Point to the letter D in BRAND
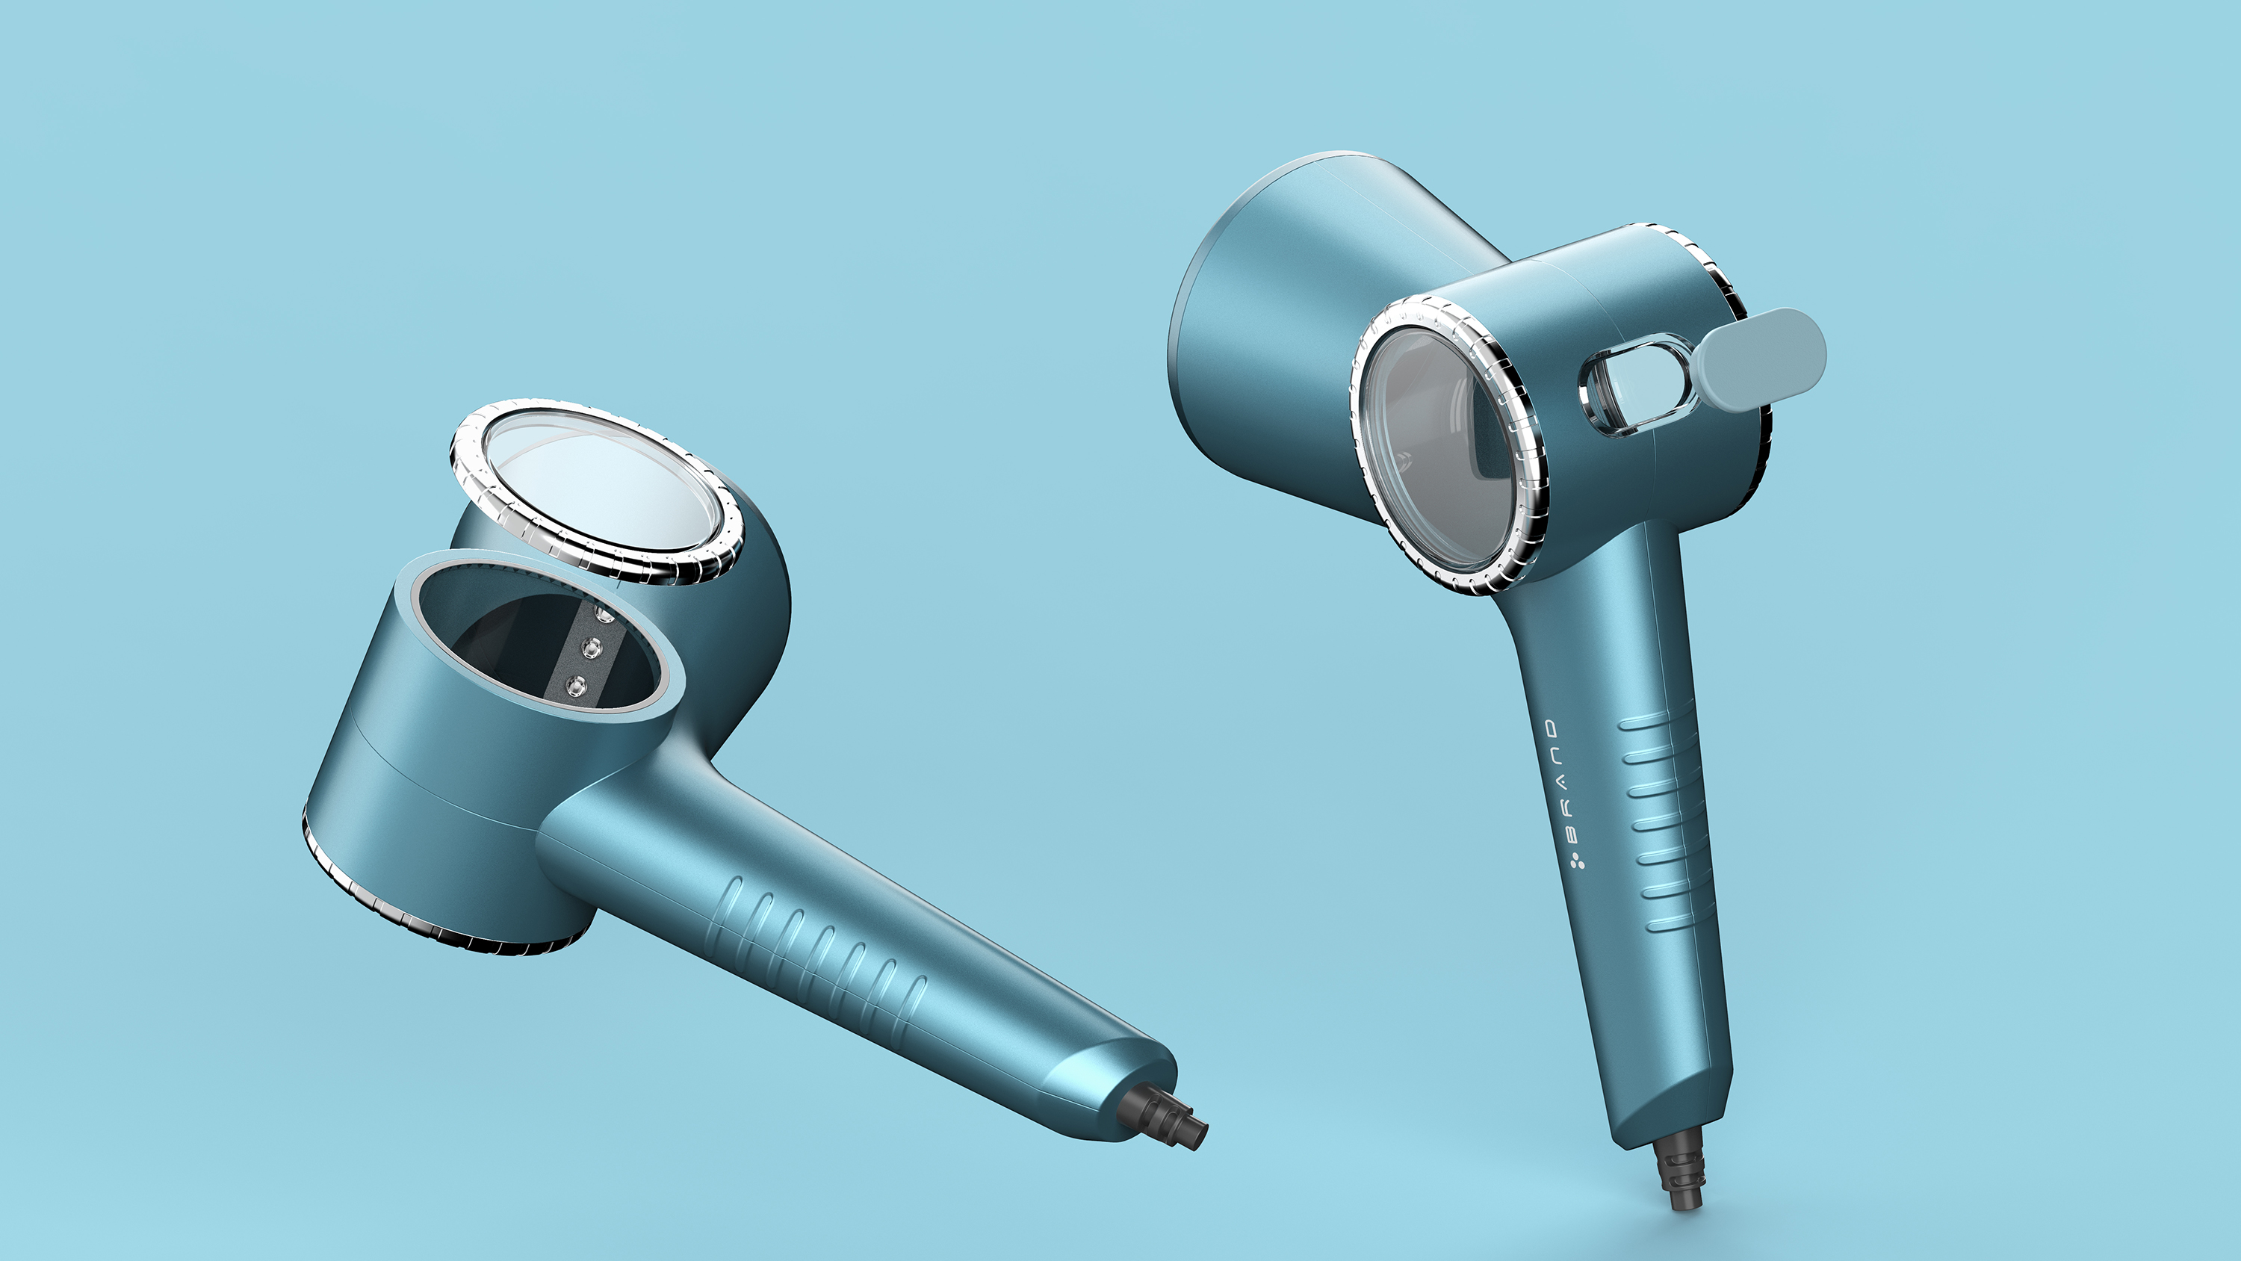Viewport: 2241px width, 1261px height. [x=1552, y=728]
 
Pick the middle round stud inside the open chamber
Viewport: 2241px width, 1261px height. [x=592, y=648]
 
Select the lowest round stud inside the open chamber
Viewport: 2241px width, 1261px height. [x=574, y=686]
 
